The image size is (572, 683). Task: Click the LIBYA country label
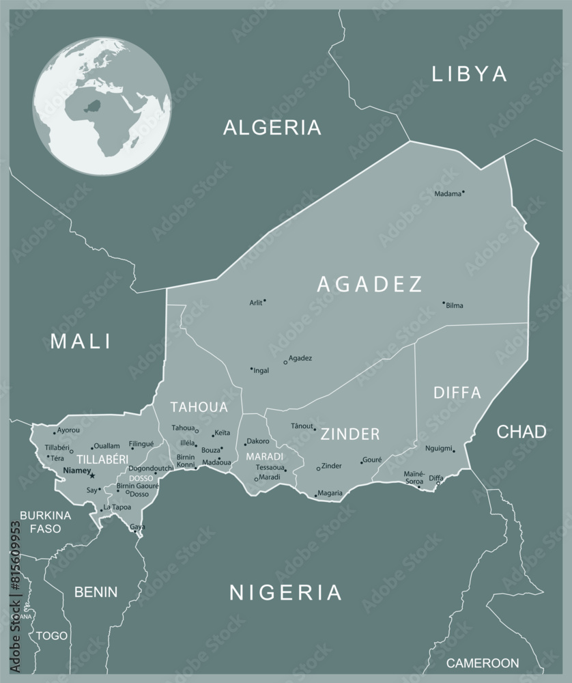(469, 74)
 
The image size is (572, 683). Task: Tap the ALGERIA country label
(272, 127)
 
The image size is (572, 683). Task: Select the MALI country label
(81, 341)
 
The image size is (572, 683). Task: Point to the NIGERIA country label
(285, 592)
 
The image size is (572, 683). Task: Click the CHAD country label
(521, 432)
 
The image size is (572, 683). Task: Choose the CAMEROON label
(482, 663)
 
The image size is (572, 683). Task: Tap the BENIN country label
(96, 591)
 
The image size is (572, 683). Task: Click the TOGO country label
(52, 635)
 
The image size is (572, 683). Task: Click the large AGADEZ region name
(370, 284)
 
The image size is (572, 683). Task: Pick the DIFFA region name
(457, 393)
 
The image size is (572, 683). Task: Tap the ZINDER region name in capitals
(350, 434)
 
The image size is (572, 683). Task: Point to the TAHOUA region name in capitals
(199, 407)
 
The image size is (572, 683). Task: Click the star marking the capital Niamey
(92, 475)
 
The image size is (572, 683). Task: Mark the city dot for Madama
(463, 192)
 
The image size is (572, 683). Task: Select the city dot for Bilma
(443, 303)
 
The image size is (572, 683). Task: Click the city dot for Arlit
(265, 300)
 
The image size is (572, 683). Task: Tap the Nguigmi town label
(438, 449)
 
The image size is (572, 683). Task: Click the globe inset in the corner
(102, 107)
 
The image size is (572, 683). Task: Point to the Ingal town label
(261, 371)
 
